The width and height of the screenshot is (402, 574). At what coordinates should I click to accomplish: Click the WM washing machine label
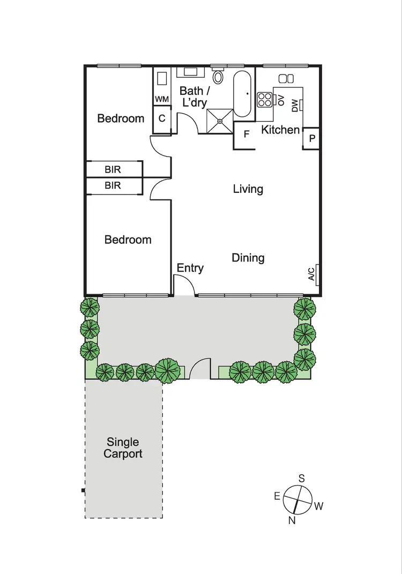(x=162, y=99)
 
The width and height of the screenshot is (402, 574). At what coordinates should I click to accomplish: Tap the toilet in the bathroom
(x=218, y=77)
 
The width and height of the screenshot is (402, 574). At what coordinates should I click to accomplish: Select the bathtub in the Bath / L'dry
(x=242, y=94)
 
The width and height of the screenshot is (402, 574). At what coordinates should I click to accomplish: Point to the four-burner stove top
(x=265, y=99)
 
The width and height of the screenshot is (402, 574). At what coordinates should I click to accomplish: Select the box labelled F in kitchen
(x=247, y=134)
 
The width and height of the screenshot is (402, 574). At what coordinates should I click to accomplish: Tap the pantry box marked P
(x=311, y=138)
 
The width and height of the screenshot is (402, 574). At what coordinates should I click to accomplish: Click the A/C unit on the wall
(x=312, y=274)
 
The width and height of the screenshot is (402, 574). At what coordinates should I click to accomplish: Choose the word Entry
(x=190, y=268)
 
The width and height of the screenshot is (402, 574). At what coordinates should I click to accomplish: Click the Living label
(x=248, y=189)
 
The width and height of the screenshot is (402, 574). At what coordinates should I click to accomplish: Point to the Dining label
(x=248, y=258)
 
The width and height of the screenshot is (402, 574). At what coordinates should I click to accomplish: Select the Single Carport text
(x=123, y=448)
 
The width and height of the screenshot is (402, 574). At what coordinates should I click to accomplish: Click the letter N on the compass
(x=292, y=519)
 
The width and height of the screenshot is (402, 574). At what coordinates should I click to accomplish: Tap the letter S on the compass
(x=302, y=478)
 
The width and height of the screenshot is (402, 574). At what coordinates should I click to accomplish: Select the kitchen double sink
(x=286, y=78)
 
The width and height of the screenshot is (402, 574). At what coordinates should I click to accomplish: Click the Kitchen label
(x=280, y=129)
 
